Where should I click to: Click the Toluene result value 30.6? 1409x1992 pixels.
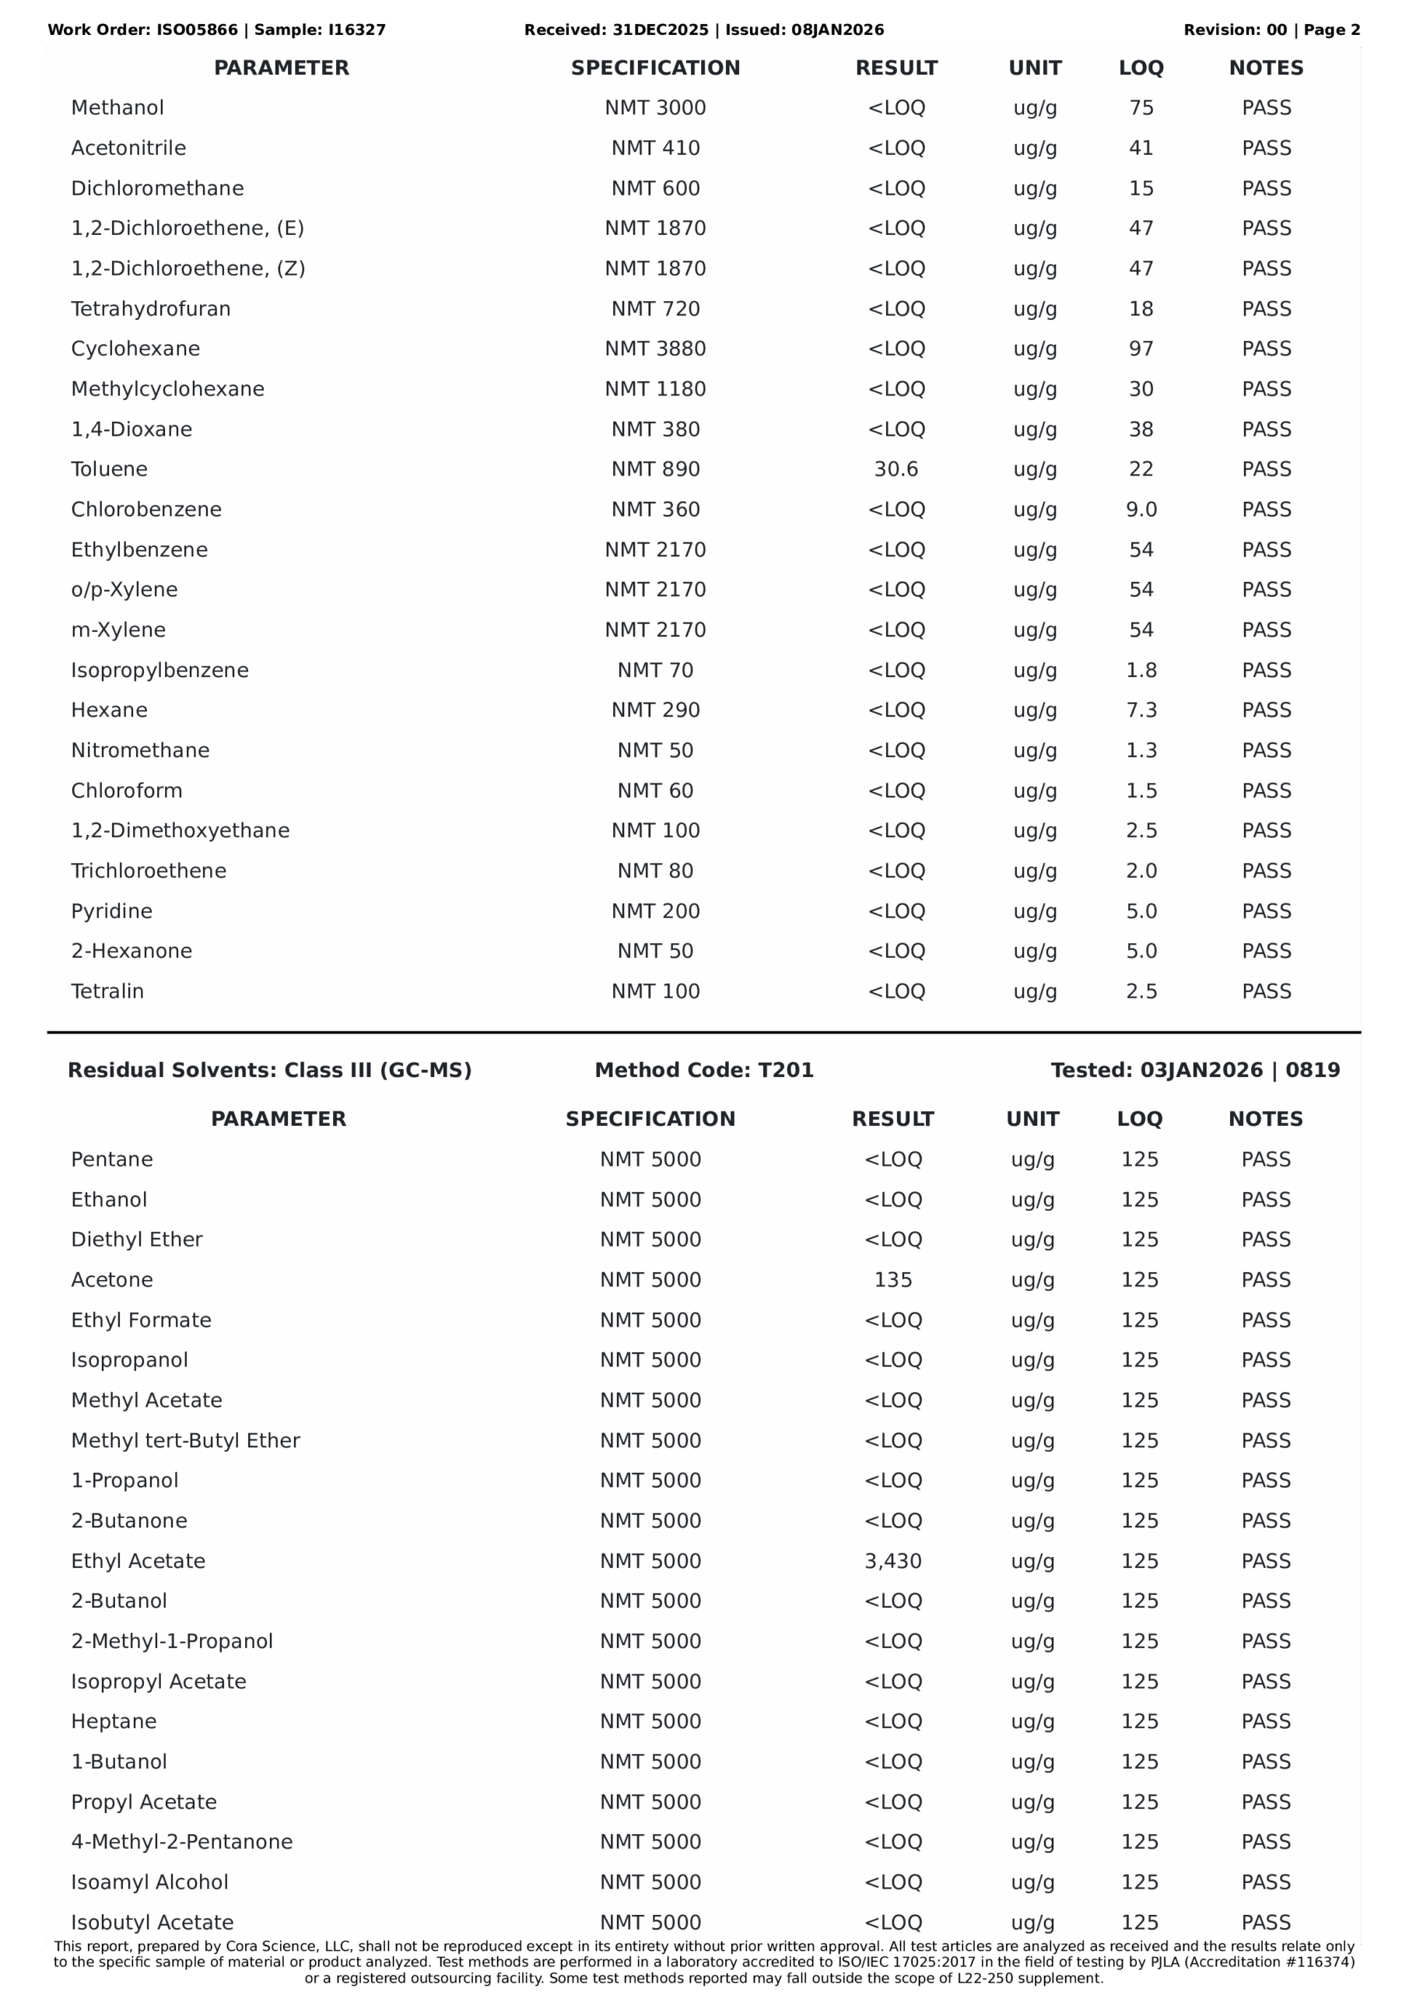pyautogui.click(x=896, y=469)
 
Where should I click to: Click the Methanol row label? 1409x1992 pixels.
pyautogui.click(x=117, y=107)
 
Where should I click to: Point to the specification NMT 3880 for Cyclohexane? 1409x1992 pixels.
pyautogui.click(x=655, y=349)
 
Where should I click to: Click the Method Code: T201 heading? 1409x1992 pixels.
pyautogui.click(x=703, y=1070)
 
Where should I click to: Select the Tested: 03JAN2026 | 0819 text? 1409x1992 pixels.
pyautogui.click(x=1195, y=1070)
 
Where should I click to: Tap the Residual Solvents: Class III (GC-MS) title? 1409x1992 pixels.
pyautogui.click(x=270, y=1070)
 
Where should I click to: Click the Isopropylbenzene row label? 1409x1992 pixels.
pyautogui.click(x=159, y=670)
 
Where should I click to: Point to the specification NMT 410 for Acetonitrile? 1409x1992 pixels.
pyautogui.click(x=655, y=149)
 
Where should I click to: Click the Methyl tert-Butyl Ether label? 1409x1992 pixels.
pyautogui.click(x=186, y=1440)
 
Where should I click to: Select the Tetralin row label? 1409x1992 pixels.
pyautogui.click(x=107, y=991)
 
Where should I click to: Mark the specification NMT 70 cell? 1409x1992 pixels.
pyautogui.click(x=655, y=670)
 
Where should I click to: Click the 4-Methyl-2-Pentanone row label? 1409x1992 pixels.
pyautogui.click(x=182, y=1841)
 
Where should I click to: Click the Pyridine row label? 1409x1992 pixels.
pyautogui.click(x=112, y=911)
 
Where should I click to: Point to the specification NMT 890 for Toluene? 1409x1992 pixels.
pyautogui.click(x=655, y=469)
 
